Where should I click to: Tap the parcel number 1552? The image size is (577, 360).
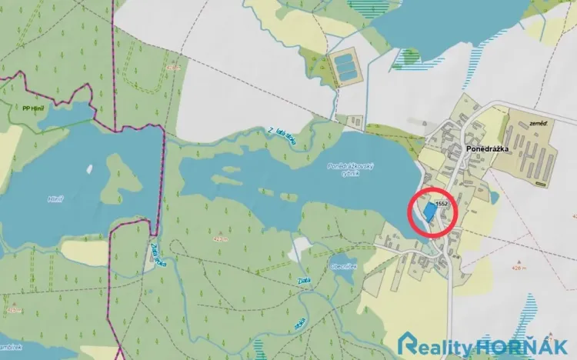pyautogui.click(x=442, y=202)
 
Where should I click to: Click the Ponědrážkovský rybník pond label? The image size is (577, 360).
pyautogui.click(x=351, y=170)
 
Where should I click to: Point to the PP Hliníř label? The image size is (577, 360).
pyautogui.click(x=32, y=108)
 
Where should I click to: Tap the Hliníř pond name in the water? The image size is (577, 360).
pyautogui.click(x=55, y=198)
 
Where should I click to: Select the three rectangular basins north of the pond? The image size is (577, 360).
pyautogui.click(x=345, y=67)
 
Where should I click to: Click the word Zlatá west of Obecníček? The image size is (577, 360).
pyautogui.click(x=304, y=281)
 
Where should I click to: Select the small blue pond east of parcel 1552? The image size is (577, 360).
pyautogui.click(x=493, y=198)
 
